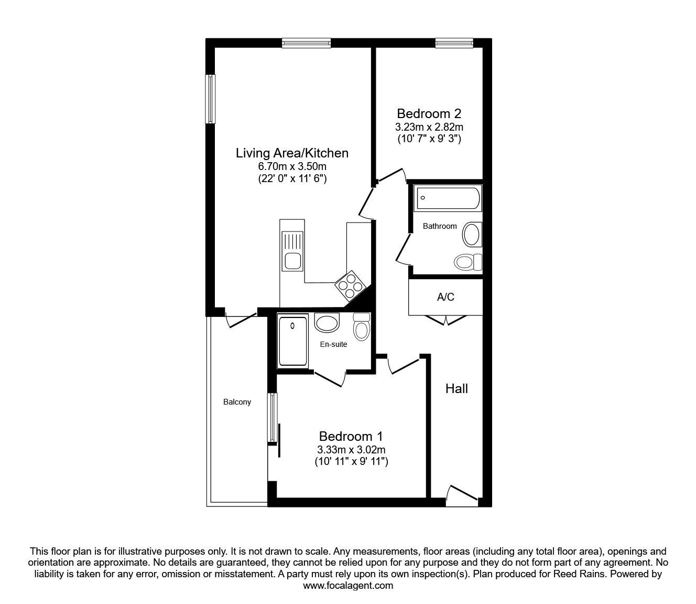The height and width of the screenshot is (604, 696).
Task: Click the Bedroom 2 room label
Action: click(429, 113)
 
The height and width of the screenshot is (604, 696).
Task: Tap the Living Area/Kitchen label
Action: click(292, 153)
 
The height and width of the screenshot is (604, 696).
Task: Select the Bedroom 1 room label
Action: click(351, 436)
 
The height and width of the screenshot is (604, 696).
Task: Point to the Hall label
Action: click(456, 389)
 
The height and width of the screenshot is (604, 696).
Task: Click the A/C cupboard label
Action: click(445, 297)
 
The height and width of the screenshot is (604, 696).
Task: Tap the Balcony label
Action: click(237, 402)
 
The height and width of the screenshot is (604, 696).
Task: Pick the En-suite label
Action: click(334, 344)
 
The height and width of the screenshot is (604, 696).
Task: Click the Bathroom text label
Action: click(440, 226)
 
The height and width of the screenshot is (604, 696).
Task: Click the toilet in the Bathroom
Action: click(468, 261)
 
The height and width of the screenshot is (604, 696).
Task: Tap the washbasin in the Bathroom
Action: click(472, 235)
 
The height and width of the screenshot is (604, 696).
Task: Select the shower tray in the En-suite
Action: click(293, 341)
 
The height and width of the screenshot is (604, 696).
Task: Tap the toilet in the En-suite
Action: click(361, 326)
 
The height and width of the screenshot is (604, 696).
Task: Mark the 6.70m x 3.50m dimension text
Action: click(292, 166)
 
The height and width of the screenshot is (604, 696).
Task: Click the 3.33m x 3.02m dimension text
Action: click(351, 450)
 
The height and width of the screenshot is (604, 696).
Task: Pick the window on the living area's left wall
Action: click(210, 99)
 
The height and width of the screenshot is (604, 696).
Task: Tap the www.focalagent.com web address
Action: click(348, 586)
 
